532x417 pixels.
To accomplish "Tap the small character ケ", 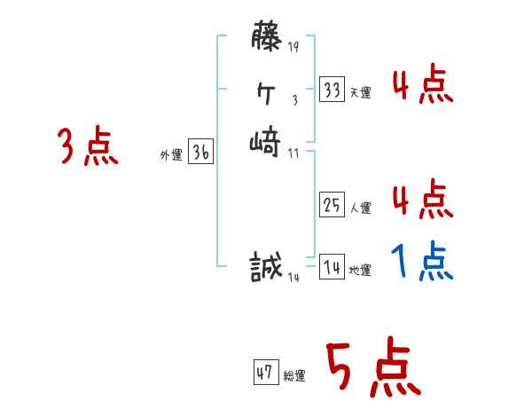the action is (x=267, y=90).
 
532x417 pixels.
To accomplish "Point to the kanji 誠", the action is (x=267, y=266).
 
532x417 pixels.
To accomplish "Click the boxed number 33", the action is (x=332, y=90).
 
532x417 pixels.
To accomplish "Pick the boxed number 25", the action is (x=332, y=205).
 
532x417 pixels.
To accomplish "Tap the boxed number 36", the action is (x=200, y=153).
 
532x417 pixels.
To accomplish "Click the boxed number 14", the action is (x=332, y=267).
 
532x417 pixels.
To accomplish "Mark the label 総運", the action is (x=294, y=376).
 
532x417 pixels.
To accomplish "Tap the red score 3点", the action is (x=88, y=146).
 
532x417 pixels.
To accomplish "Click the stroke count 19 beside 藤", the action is (x=293, y=47).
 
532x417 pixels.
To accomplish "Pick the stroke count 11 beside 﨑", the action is (x=293, y=152).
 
